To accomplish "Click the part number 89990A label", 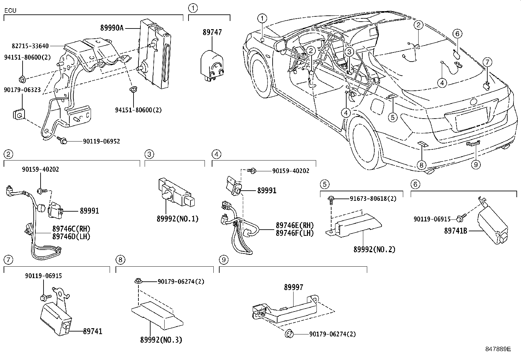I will click(x=112, y=28).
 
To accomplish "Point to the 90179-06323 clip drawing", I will click(x=19, y=114).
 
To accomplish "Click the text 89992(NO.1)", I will click(x=177, y=219).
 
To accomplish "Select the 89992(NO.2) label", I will click(x=374, y=249).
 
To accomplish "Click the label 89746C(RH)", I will click(x=71, y=229).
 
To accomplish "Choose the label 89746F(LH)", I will click(x=295, y=233).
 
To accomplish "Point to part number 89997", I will click(x=293, y=287).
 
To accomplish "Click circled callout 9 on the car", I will click(x=476, y=164).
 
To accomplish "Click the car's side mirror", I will click(x=281, y=45).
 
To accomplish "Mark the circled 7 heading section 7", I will click(x=8, y=260).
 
